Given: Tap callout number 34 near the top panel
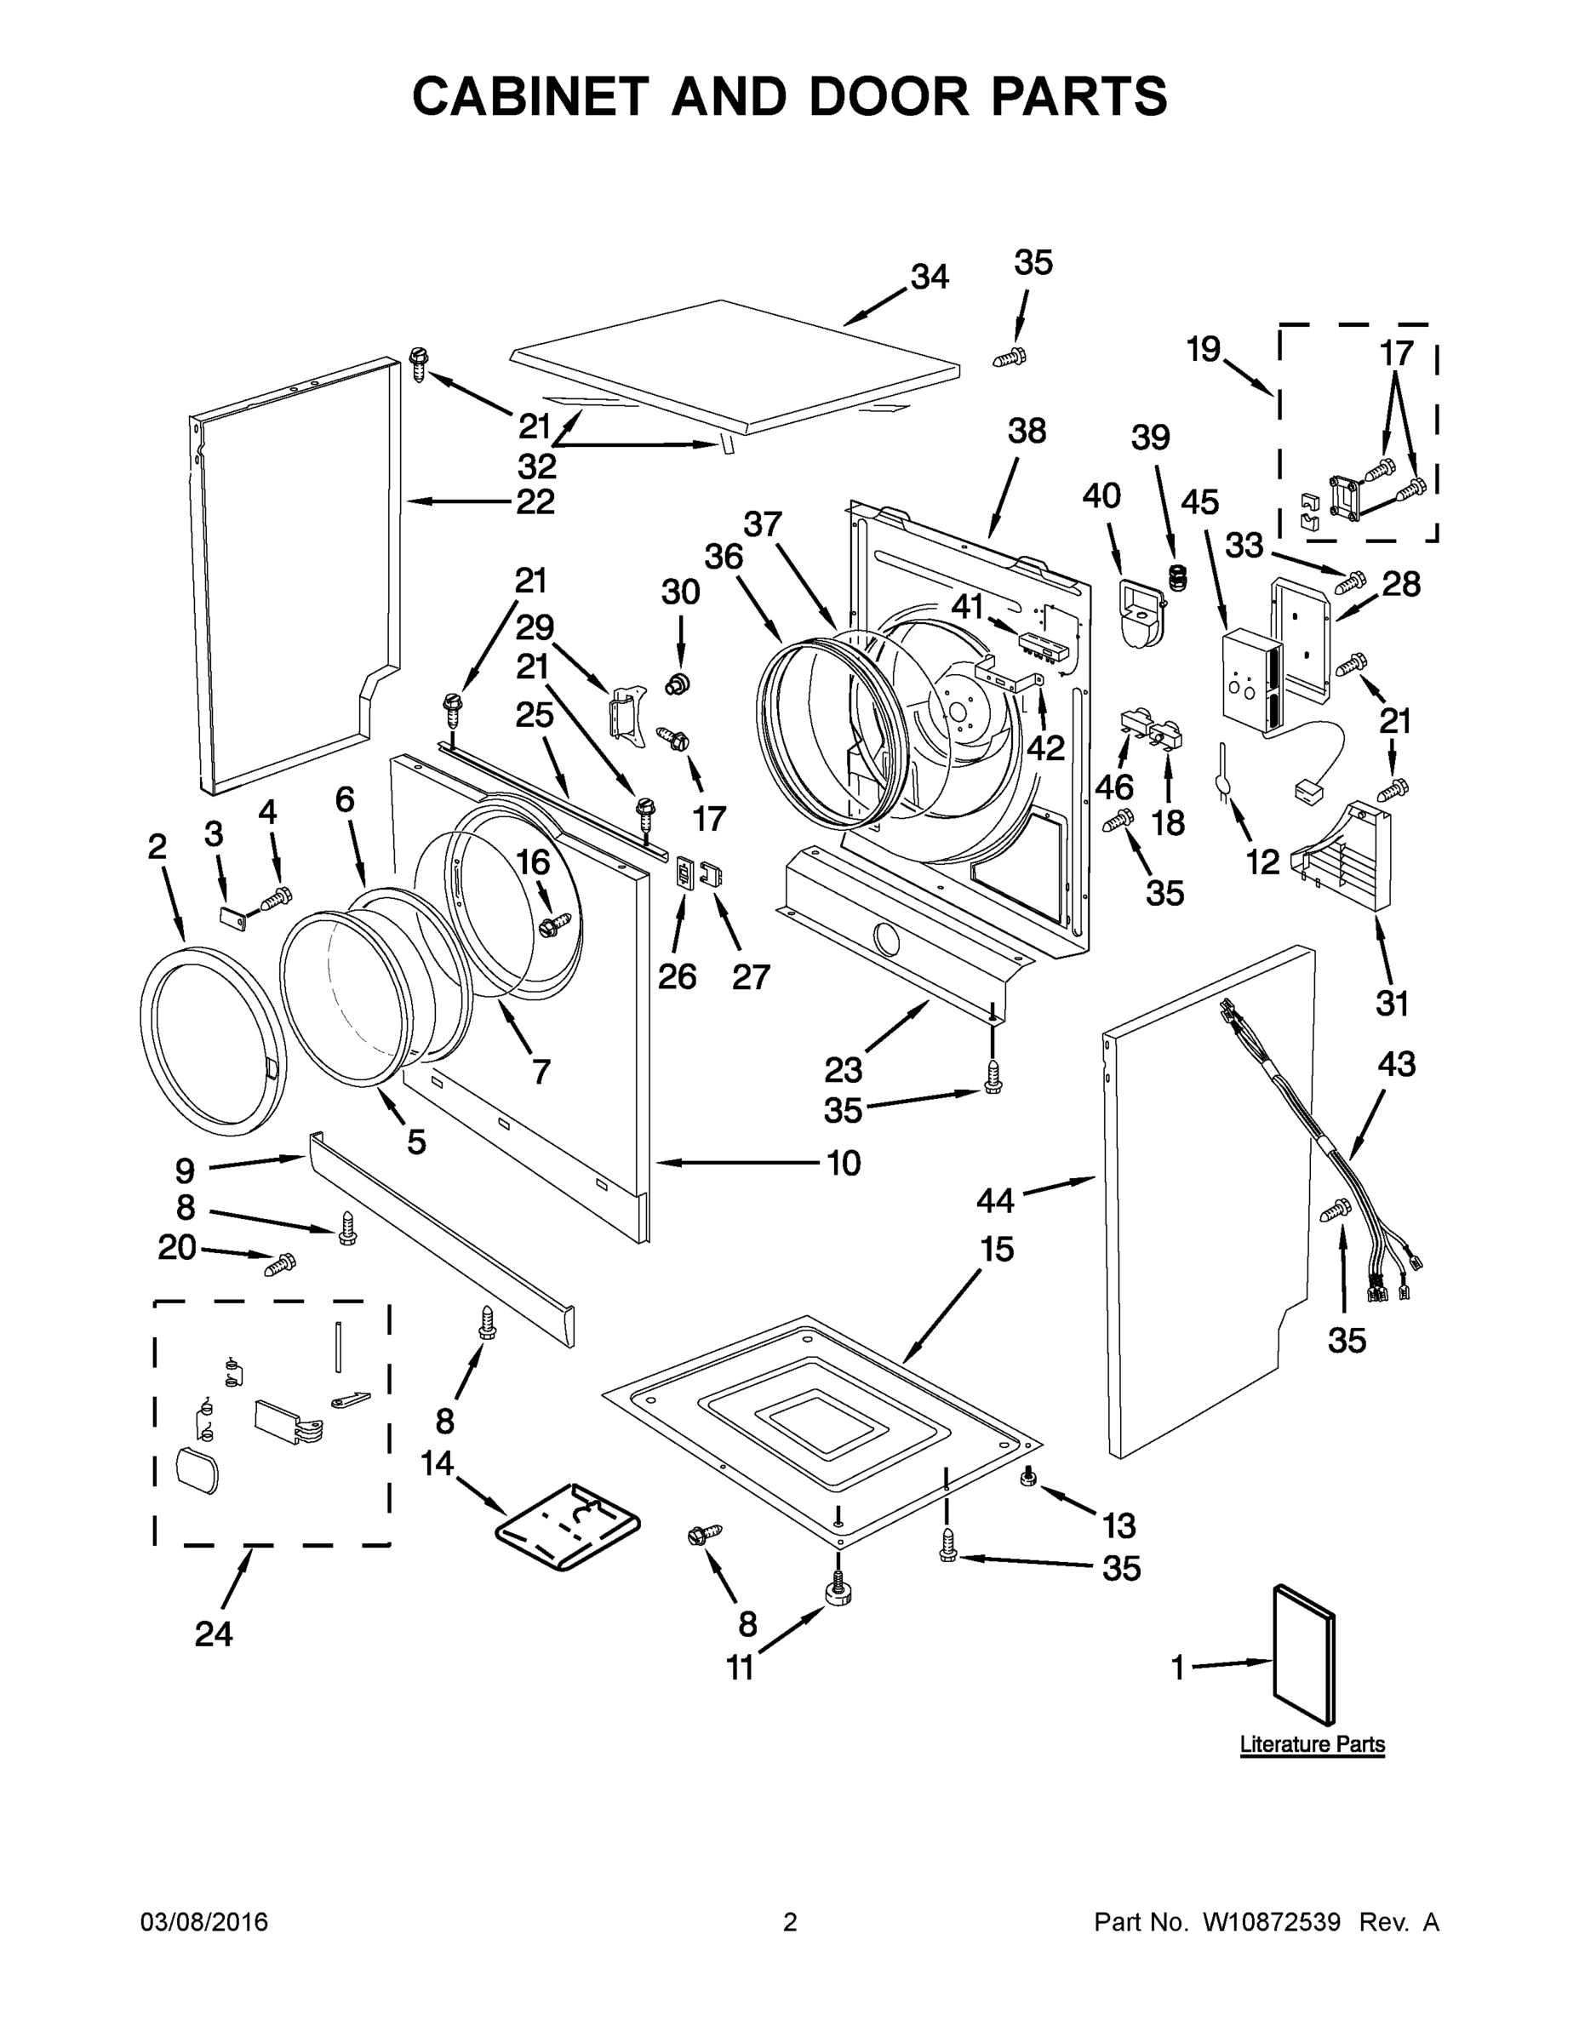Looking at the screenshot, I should coord(929,277).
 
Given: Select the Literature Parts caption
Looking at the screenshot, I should coord(1312,1743).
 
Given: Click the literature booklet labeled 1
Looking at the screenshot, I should coord(1304,1657).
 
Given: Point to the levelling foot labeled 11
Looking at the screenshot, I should coord(838,1592).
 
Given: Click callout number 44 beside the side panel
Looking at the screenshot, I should coord(994,1200).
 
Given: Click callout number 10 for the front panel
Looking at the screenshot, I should coord(843,1163).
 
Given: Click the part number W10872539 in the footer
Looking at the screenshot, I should coord(1270,1922).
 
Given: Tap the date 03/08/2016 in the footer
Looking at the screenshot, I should coord(204,1922).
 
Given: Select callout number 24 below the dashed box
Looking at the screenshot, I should coord(214,1634).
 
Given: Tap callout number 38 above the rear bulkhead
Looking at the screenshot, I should coord(1027,432).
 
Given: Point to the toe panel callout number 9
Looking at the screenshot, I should coord(186,1170).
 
